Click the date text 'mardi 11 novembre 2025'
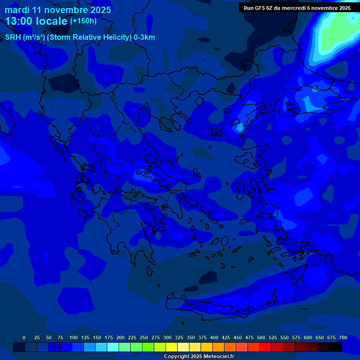click(x=58, y=10)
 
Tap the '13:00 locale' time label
click(x=36, y=21)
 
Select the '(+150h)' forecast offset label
click(x=83, y=21)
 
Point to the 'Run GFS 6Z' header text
click(x=259, y=8)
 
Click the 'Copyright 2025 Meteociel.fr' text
click(x=199, y=357)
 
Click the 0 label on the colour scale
click(x=24, y=337)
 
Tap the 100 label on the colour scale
click(x=74, y=337)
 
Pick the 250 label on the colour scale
click(x=144, y=337)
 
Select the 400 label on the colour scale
click(x=214, y=337)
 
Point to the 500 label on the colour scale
click(x=261, y=337)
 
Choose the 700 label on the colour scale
click(x=343, y=337)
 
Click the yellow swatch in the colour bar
click(x=172, y=347)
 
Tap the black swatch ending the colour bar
click(x=336, y=347)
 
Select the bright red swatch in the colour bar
click(x=265, y=347)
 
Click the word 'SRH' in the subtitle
click(x=13, y=37)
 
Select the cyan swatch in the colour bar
click(x=113, y=347)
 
